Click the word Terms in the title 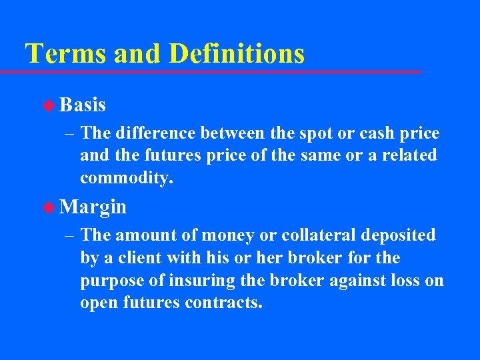click(x=65, y=53)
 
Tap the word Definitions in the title click(x=236, y=53)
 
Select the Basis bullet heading click(x=83, y=105)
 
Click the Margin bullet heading click(x=93, y=207)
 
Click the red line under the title click(x=220, y=71)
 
